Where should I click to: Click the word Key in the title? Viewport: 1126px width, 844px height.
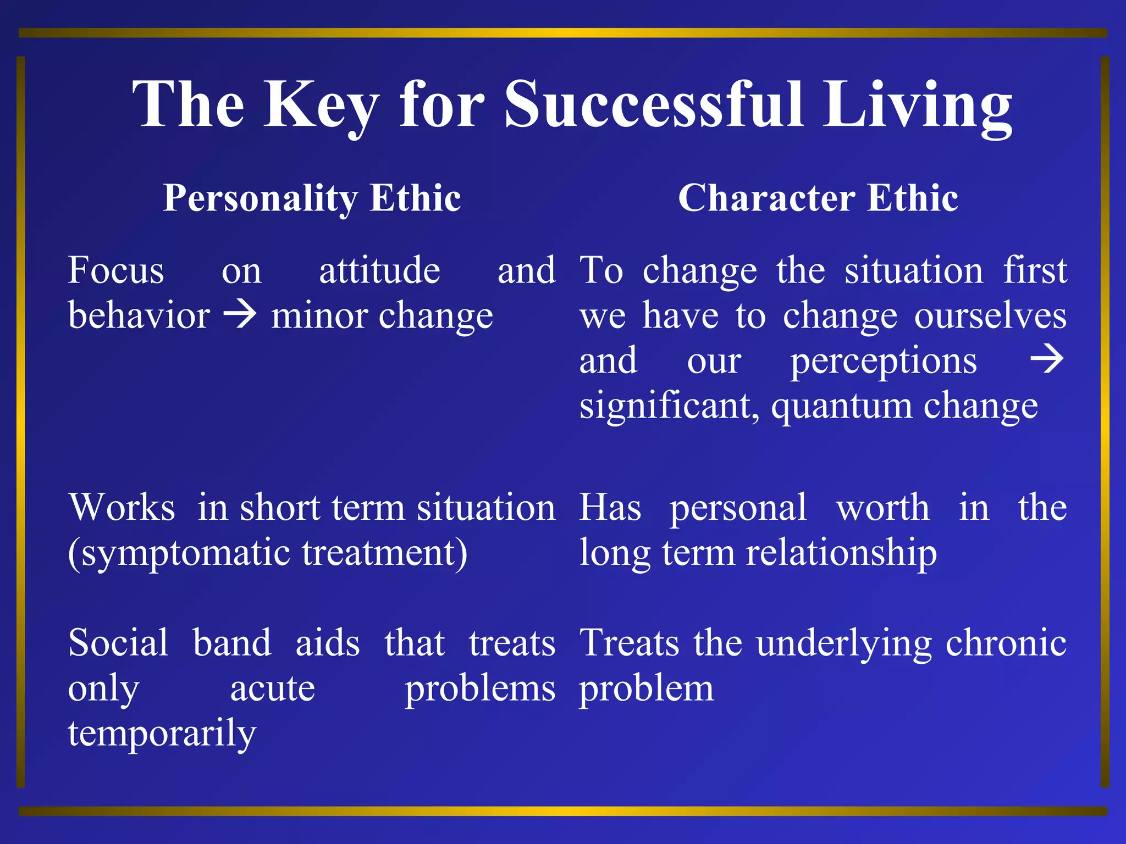[x=321, y=104]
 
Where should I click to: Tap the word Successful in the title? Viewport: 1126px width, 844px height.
[x=654, y=104]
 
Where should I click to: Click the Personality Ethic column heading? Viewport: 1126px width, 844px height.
[x=312, y=198]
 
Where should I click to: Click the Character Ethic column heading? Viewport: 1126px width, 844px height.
[x=818, y=198]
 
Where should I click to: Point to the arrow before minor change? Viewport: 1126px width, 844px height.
[x=240, y=315]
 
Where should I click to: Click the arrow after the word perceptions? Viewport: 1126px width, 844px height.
[x=1047, y=360]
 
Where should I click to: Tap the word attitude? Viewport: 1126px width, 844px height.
[x=379, y=270]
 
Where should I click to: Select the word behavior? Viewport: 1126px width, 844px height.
[x=139, y=316]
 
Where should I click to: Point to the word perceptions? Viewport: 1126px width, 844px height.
[x=884, y=362]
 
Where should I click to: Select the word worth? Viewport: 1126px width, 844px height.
[x=883, y=507]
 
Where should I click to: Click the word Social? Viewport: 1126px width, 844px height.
[x=118, y=642]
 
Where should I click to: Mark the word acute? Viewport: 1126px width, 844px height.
[x=273, y=688]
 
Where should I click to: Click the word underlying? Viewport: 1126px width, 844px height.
[x=843, y=643]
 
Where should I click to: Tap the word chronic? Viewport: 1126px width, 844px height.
[x=1006, y=642]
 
